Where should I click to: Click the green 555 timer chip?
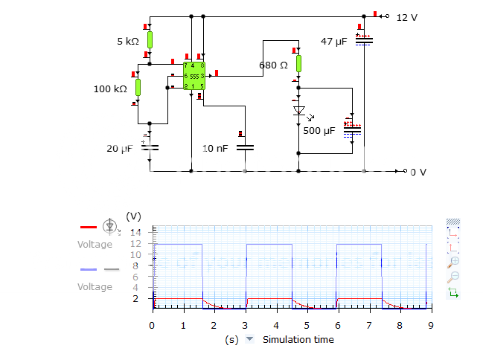tap(193, 76)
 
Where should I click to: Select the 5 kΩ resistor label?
tap(127, 42)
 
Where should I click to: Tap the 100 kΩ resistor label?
tap(109, 89)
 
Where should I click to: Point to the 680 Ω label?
tap(273, 65)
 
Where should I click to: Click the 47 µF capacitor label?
tap(333, 42)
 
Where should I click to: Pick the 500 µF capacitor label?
tap(319, 131)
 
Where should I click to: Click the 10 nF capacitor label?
tap(216, 149)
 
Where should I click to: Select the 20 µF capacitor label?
tap(119, 149)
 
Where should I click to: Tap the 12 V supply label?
tap(407, 17)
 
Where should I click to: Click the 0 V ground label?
tap(418, 172)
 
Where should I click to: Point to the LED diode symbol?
tap(299, 111)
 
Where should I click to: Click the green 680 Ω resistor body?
tap(299, 63)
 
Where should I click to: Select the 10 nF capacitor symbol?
tap(245, 147)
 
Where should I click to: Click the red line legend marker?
tap(88, 226)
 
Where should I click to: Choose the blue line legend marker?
tap(88, 269)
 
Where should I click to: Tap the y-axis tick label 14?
tap(135, 232)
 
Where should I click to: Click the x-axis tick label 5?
tap(307, 325)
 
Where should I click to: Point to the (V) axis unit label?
tap(133, 216)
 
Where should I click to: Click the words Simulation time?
tap(298, 339)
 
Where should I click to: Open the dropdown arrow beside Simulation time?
tap(250, 339)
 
